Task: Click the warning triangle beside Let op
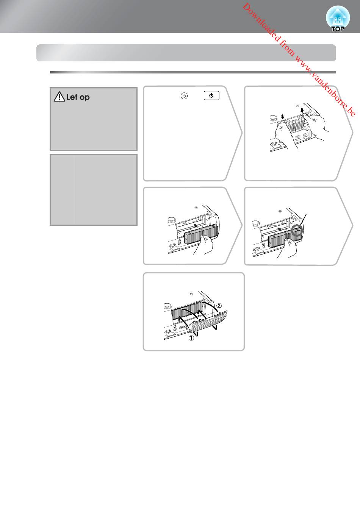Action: click(x=59, y=97)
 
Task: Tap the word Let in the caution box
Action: click(x=72, y=97)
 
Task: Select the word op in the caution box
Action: click(x=85, y=98)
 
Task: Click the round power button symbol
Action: click(x=184, y=96)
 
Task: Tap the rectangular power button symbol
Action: click(x=211, y=96)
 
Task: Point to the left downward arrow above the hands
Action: click(x=282, y=117)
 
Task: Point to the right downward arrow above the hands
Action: click(x=302, y=111)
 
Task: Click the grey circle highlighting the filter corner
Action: click(x=297, y=231)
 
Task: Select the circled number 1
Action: click(x=191, y=338)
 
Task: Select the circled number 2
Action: click(x=219, y=305)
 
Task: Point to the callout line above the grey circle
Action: click(x=304, y=220)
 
